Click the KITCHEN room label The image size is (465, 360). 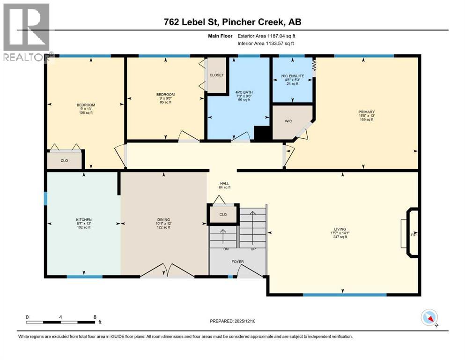84,219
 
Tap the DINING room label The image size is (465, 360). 163,219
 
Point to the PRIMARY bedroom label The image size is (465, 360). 366,112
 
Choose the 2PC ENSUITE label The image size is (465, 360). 293,75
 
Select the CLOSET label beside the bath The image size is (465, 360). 217,75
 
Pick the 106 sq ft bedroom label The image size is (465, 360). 86,105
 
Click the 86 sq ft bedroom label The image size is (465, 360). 165,95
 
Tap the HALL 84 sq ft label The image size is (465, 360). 224,184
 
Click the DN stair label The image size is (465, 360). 226,249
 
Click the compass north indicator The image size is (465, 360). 429,318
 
